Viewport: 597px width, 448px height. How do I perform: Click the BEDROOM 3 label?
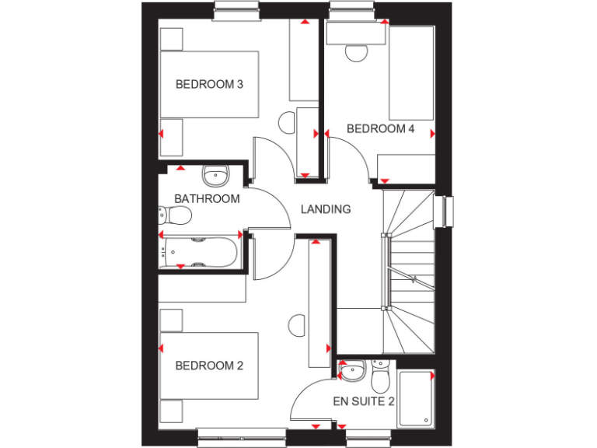click(209, 84)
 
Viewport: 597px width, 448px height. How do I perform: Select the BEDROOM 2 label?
click(209, 366)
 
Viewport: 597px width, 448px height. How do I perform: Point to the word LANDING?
click(326, 209)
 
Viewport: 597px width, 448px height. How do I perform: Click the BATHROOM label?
click(207, 199)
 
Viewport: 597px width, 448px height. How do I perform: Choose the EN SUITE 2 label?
click(364, 402)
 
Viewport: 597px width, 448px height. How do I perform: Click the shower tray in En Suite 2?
click(415, 398)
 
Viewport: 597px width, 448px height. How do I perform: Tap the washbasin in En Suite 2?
click(354, 370)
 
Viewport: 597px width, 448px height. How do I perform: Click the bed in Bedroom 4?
click(410, 73)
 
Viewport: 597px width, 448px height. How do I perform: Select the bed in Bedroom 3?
click(209, 84)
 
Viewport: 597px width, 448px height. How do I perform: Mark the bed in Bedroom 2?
click(209, 366)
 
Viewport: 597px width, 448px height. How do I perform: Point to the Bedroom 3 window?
click(237, 10)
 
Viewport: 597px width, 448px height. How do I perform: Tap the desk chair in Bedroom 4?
click(357, 52)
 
